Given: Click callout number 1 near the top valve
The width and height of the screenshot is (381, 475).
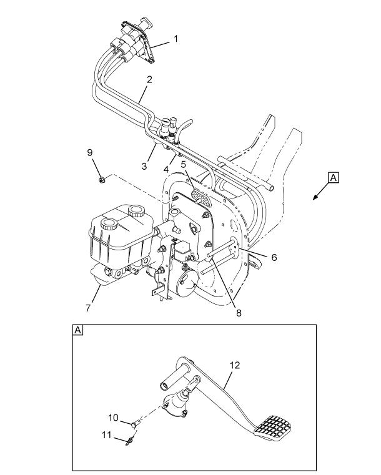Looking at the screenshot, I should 176,39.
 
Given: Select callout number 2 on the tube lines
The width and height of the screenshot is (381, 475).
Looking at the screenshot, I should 150,79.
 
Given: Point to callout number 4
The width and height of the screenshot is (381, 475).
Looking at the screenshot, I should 167,168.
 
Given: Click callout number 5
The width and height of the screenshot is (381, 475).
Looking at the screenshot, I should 184,165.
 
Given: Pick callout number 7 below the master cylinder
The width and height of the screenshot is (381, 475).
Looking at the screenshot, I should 88,308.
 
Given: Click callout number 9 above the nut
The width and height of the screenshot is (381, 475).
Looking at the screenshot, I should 89,152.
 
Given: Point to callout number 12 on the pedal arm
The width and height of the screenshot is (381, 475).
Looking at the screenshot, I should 234,365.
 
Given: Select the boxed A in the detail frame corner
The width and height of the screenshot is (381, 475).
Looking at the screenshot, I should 78,330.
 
